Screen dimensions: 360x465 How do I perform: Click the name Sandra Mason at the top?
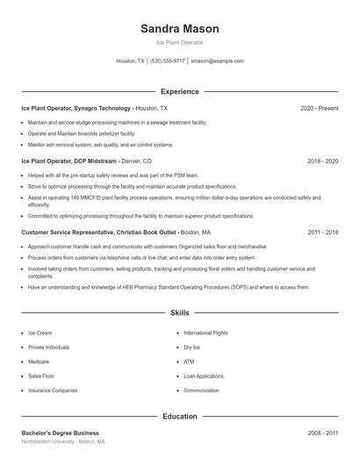click(x=179, y=29)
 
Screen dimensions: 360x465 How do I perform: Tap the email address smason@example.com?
click(x=217, y=61)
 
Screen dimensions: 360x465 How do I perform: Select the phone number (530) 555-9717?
click(x=167, y=61)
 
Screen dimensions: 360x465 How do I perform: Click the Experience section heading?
click(x=179, y=91)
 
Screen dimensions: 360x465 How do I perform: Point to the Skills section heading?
click(x=179, y=312)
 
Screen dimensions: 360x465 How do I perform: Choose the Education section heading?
click(x=179, y=416)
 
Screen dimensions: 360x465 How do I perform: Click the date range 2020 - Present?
click(x=319, y=108)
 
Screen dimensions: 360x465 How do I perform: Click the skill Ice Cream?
click(x=40, y=333)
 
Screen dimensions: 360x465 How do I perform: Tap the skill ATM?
click(x=189, y=361)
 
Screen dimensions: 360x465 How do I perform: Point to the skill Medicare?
click(x=39, y=361)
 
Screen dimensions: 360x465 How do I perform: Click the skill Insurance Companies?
click(x=53, y=390)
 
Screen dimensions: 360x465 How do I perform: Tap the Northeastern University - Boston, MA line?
click(x=63, y=442)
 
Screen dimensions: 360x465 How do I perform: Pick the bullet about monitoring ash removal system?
click(x=101, y=145)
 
